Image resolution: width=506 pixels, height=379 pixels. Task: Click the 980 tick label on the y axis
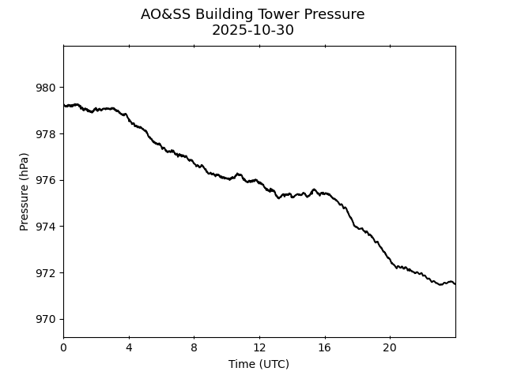(46, 88)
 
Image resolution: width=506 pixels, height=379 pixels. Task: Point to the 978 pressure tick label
(46, 134)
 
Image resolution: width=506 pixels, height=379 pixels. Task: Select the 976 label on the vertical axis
(46, 181)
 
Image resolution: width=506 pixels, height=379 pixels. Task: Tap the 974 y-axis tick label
(46, 227)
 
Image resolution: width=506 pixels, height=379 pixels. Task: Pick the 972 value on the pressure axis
(46, 273)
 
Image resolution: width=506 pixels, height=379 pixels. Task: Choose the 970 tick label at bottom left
(46, 320)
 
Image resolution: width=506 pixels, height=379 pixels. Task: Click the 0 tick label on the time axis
(63, 348)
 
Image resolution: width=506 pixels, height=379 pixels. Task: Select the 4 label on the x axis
(129, 348)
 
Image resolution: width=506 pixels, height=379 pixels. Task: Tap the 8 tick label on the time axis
(194, 348)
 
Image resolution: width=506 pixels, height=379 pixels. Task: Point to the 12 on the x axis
(259, 348)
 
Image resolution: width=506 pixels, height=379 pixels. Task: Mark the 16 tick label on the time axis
(324, 348)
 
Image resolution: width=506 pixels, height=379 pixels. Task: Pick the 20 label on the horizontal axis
(390, 348)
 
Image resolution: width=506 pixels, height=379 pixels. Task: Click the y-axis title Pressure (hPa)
(25, 192)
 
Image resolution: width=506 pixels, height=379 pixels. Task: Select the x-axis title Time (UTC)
(259, 364)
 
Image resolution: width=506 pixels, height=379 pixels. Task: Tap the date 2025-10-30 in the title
(253, 31)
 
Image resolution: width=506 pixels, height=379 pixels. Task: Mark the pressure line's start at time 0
(64, 105)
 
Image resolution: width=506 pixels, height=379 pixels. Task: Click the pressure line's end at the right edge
(455, 283)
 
